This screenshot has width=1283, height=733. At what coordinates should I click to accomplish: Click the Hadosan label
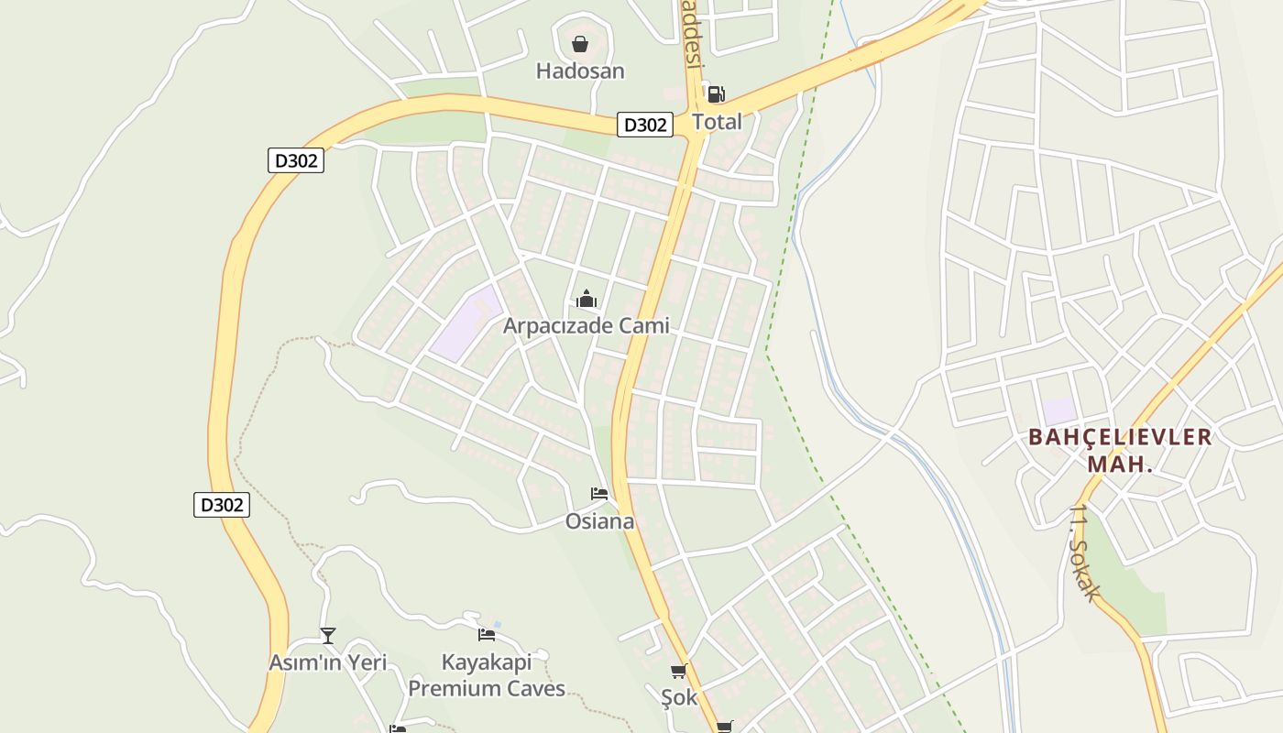(580, 71)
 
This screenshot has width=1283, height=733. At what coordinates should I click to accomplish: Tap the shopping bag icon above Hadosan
(580, 44)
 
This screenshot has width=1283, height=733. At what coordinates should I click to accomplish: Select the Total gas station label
(717, 121)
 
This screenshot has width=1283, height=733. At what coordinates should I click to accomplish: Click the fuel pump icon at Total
(716, 93)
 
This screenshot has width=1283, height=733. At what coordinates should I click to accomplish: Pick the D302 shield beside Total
(645, 125)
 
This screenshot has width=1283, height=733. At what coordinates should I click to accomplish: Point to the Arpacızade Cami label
(586, 325)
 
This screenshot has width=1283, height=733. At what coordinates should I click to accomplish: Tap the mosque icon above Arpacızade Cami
(586, 299)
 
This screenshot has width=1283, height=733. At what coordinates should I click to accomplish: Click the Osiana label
(599, 521)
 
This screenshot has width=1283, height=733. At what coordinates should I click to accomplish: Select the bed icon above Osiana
(599, 494)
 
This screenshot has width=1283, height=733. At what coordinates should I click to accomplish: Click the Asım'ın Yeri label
(327, 662)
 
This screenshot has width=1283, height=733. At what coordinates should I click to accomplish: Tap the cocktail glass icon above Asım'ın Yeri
(328, 635)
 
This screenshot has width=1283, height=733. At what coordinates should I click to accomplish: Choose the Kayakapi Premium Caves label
(487, 675)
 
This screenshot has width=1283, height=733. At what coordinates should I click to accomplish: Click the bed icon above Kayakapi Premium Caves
(487, 634)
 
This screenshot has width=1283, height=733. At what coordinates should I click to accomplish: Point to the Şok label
(679, 697)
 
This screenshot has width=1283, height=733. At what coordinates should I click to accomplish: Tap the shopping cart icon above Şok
(679, 672)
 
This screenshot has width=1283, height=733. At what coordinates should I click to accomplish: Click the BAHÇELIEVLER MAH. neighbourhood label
(1120, 450)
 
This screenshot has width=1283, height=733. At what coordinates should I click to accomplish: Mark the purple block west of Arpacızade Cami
(467, 323)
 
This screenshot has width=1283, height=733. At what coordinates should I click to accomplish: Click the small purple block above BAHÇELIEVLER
(1058, 411)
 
